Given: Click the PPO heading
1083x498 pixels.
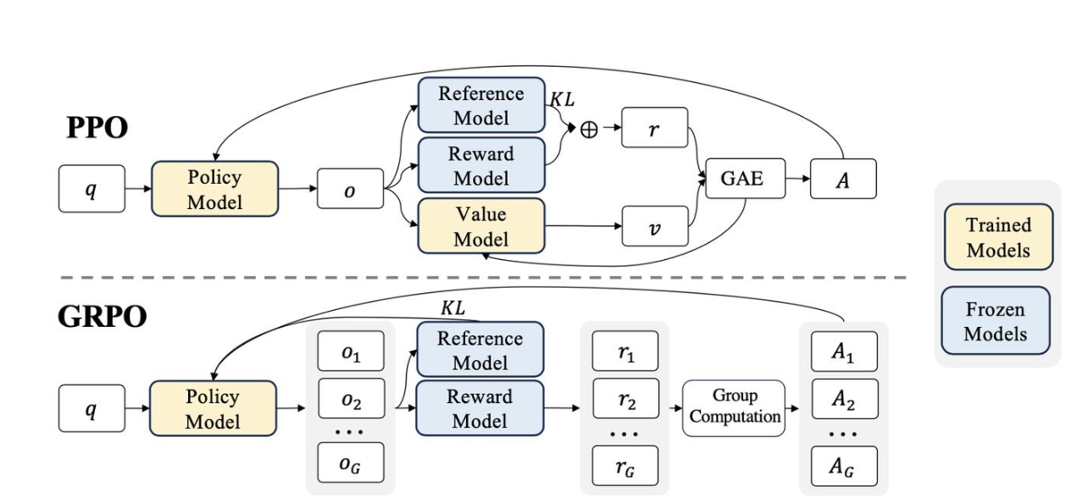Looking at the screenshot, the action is point(97,128).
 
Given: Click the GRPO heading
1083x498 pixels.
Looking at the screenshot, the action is point(102,317).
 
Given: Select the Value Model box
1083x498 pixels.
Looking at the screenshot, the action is point(481,226).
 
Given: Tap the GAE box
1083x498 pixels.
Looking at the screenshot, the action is point(745,178).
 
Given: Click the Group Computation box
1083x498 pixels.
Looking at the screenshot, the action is point(734,408).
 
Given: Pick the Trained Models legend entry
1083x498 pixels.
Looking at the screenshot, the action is point(998,236).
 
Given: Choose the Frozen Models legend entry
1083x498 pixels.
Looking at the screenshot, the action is point(996,321).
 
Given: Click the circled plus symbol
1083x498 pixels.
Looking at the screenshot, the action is point(589,130).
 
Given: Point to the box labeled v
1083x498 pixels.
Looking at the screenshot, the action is point(655,226).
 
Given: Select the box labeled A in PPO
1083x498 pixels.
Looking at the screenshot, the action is point(843,179).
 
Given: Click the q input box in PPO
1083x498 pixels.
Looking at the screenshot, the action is point(92,189).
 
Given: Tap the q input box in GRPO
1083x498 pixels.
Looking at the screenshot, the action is point(92,408).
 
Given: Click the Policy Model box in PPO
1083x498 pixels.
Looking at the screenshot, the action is point(214,189).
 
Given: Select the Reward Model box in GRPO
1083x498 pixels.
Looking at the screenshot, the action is point(480,408).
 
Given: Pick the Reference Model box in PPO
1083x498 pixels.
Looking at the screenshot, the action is point(481,105).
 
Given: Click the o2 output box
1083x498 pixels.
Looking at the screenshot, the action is point(352,399).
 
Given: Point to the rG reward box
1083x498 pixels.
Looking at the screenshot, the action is point(625,466).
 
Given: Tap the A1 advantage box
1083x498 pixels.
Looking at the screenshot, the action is point(844,351).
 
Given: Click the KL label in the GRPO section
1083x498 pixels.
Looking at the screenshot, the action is point(453,307).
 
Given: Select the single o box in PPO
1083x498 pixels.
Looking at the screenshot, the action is point(350,188).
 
